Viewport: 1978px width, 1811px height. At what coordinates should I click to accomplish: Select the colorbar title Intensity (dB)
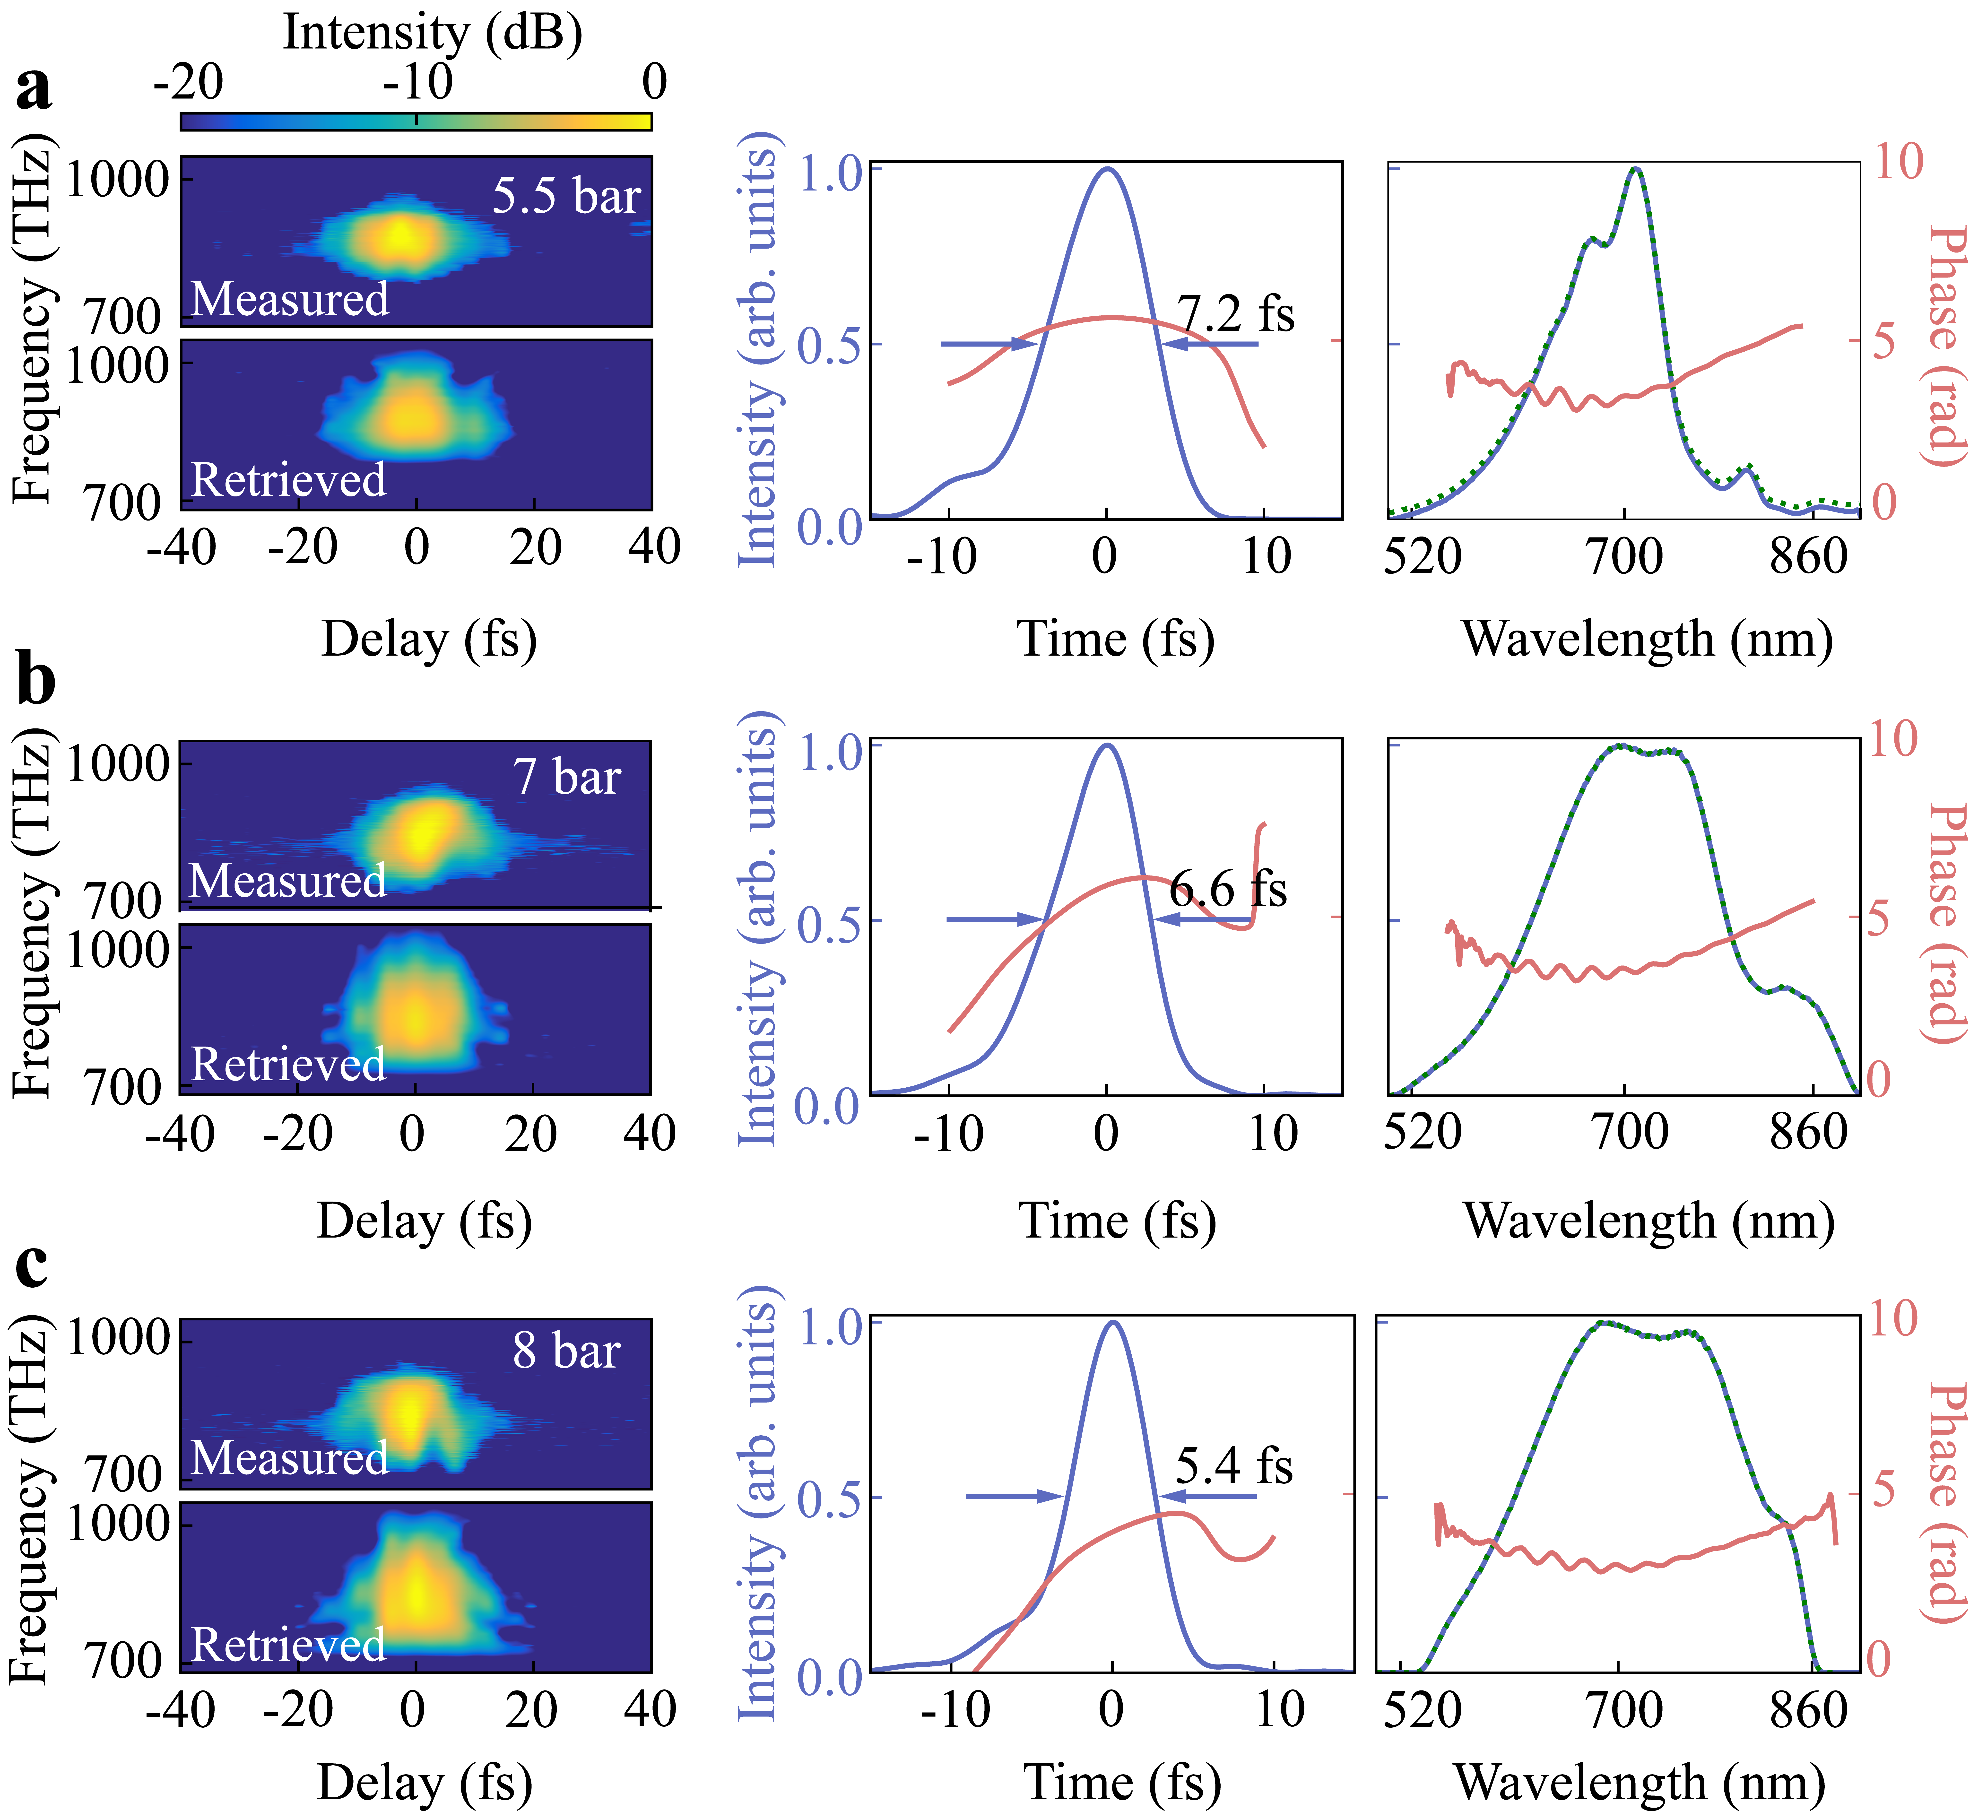[433, 32]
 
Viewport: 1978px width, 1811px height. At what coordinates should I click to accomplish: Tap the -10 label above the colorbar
[418, 82]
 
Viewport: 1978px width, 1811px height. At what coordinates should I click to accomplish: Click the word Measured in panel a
[289, 299]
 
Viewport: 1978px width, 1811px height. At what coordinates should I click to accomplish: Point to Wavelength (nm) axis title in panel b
[1648, 1222]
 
